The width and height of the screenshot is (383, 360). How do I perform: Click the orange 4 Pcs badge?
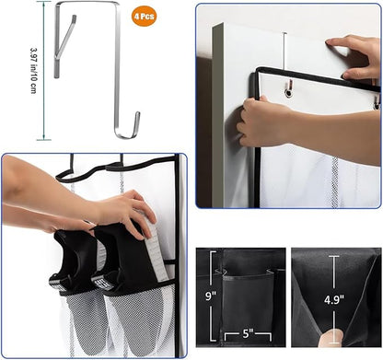[x=144, y=16]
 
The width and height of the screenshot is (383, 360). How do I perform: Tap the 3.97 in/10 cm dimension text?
[x=34, y=70]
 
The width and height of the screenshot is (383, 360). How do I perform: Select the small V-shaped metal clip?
[x=64, y=46]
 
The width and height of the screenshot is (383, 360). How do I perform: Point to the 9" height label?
[x=211, y=296]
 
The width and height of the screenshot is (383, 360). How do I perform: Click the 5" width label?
[x=248, y=333]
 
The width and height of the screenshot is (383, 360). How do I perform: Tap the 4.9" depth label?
[x=334, y=299]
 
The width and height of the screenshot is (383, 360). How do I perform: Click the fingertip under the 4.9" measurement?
[x=331, y=338]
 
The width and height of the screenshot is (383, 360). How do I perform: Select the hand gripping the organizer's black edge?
[x=264, y=122]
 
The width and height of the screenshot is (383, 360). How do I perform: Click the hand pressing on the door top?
[x=356, y=57]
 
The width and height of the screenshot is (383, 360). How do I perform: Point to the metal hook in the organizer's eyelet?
[x=289, y=88]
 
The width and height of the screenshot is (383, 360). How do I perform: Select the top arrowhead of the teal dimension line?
[x=44, y=3]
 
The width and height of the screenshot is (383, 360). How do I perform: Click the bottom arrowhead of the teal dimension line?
[x=44, y=138]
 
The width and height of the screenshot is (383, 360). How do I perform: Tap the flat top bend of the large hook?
[x=87, y=3]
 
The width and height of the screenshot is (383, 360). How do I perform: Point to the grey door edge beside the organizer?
[x=217, y=117]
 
